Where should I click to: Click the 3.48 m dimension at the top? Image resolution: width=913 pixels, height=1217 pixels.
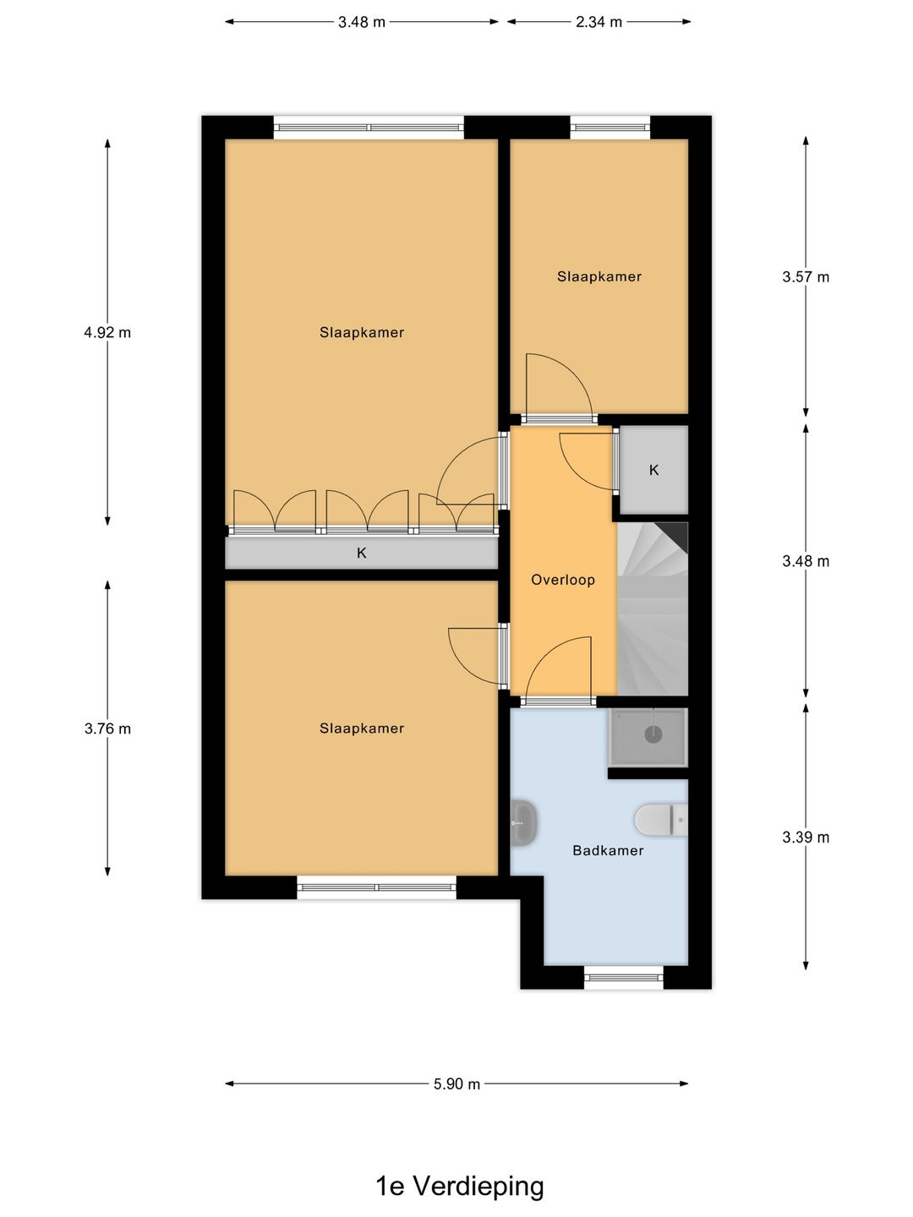pyautogui.click(x=362, y=22)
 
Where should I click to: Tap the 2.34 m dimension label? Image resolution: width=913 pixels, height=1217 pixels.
pyautogui.click(x=599, y=22)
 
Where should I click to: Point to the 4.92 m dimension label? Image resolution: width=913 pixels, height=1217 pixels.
pyautogui.click(x=107, y=333)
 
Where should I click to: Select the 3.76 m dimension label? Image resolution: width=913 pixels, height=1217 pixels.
pyautogui.click(x=107, y=729)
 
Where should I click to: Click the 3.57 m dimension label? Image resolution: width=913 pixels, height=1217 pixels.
pyautogui.click(x=806, y=276)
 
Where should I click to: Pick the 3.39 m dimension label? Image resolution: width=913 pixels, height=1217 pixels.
pyautogui.click(x=806, y=838)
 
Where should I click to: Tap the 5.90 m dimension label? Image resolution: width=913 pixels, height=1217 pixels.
pyautogui.click(x=456, y=1084)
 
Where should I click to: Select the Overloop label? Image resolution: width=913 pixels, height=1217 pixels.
pyautogui.click(x=563, y=580)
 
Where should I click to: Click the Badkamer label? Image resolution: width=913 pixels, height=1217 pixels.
pyautogui.click(x=608, y=850)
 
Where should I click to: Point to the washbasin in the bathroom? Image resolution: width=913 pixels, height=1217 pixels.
pyautogui.click(x=523, y=823)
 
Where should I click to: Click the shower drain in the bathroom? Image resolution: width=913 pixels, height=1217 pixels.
pyautogui.click(x=653, y=734)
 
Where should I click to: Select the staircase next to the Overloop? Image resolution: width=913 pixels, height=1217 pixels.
pyautogui.click(x=653, y=608)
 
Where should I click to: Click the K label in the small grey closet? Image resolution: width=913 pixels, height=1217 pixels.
pyautogui.click(x=654, y=470)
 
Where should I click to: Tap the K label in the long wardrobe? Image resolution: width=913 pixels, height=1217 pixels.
pyautogui.click(x=362, y=553)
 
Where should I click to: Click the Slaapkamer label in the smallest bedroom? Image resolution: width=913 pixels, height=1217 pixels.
pyautogui.click(x=599, y=276)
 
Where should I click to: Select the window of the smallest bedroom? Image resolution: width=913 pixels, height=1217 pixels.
pyautogui.click(x=610, y=128)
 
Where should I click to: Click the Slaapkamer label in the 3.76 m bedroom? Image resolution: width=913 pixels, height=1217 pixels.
pyautogui.click(x=362, y=728)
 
